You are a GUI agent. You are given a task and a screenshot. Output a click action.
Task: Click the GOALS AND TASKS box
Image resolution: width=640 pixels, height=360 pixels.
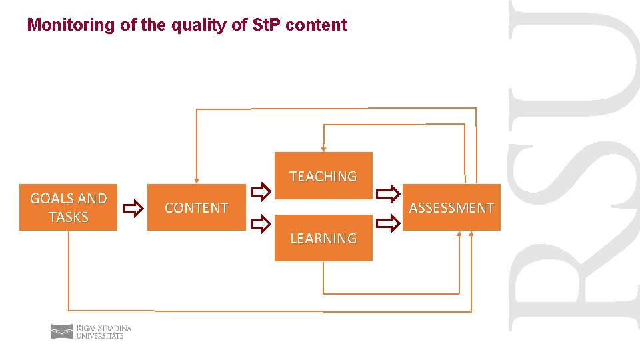(68, 207)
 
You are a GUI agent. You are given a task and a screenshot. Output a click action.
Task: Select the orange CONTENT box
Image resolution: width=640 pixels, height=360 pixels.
(196, 207)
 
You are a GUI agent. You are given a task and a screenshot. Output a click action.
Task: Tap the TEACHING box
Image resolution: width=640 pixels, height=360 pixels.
(323, 176)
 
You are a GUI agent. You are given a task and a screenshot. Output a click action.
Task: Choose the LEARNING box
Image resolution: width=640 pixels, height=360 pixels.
(323, 238)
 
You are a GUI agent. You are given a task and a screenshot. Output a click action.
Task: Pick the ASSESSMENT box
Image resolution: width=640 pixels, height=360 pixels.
(451, 207)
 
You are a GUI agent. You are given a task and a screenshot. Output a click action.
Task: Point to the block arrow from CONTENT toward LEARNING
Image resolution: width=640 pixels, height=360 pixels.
(260, 221)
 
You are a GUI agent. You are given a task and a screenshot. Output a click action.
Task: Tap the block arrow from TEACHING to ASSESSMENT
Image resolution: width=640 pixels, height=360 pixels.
(387, 194)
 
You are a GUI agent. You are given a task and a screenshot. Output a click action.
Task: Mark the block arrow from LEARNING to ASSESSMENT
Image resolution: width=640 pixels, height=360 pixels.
(387, 221)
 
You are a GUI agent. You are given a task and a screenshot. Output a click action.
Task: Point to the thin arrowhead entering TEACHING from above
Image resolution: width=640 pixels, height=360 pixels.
(323, 149)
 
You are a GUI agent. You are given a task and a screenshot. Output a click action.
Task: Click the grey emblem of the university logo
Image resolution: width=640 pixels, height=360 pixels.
(62, 331)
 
